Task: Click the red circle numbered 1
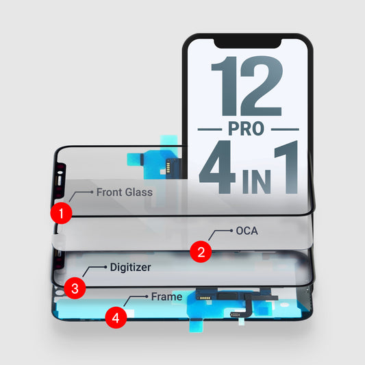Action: (x=61, y=213)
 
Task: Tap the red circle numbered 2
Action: (x=201, y=251)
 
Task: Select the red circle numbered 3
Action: (x=75, y=288)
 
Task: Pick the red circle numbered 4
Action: (x=116, y=318)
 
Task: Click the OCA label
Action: (x=247, y=231)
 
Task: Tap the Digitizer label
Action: (x=130, y=267)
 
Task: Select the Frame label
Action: (x=166, y=297)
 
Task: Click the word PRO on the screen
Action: (x=247, y=129)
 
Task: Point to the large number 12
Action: (x=247, y=86)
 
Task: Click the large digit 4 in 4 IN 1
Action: (x=217, y=167)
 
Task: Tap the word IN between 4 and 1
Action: (x=257, y=181)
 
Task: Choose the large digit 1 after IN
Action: (x=286, y=167)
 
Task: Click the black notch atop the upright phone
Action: (x=248, y=43)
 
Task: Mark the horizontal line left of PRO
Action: (x=210, y=129)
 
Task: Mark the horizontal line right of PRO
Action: (x=285, y=129)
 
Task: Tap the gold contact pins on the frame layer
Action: (x=205, y=298)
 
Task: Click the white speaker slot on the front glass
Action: (x=60, y=181)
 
